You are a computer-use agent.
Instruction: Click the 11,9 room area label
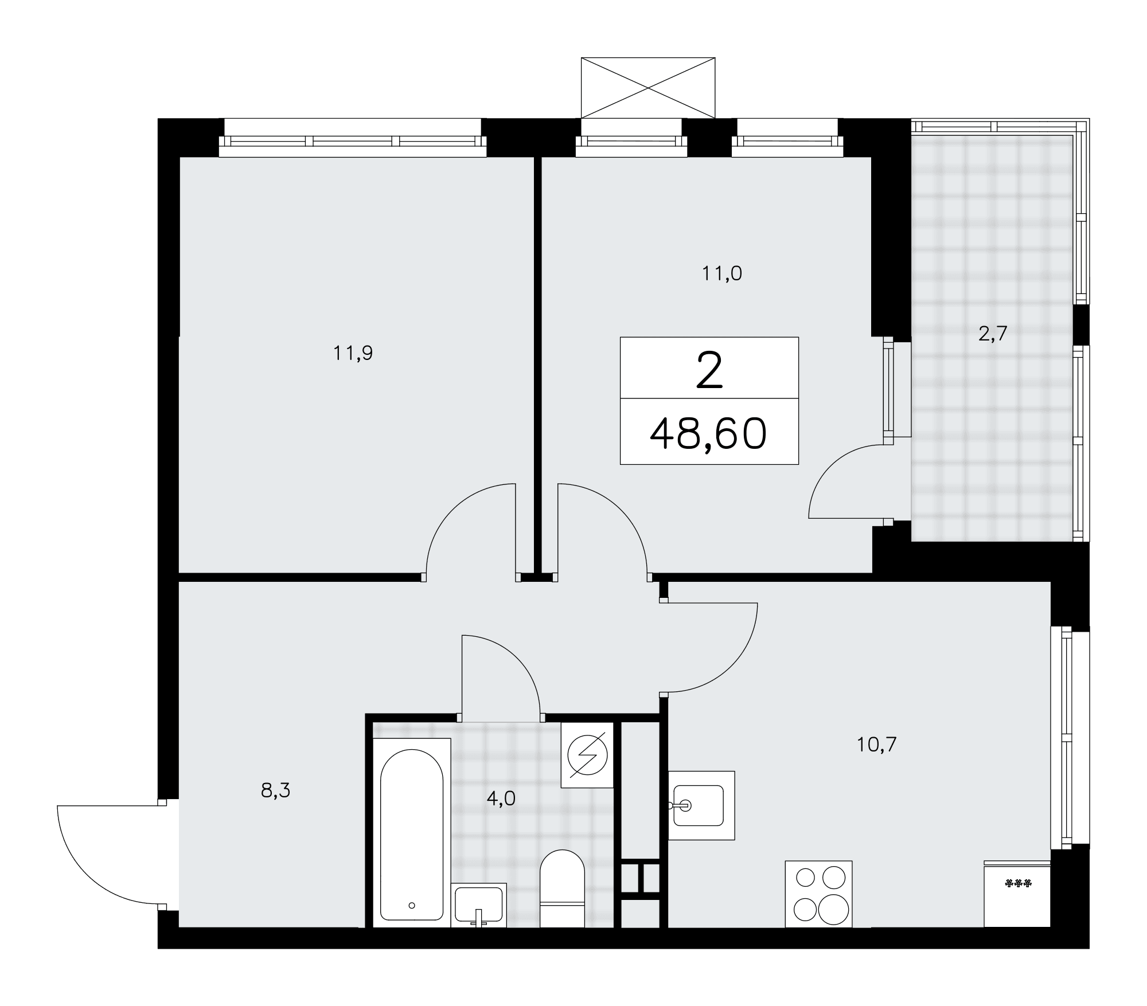pos(353,354)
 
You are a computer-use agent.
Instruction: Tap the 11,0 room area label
pos(722,274)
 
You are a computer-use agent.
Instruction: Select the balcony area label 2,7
pos(993,334)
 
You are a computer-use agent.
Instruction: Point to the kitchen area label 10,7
pos(876,745)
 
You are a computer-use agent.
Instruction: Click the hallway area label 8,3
pos(275,791)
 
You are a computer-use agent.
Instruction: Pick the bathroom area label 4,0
pos(501,798)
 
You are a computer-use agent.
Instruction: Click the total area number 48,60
pos(708,433)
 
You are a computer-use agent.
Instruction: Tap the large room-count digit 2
pos(709,370)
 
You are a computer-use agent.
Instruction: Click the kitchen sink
pos(701,805)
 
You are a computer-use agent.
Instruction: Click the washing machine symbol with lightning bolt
pos(587,755)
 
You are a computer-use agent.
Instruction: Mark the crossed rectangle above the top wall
pos(648,88)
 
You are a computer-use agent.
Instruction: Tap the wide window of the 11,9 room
pos(353,138)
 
